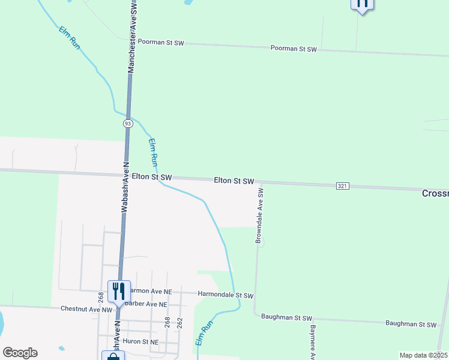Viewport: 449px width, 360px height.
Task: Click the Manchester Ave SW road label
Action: pos(133,37)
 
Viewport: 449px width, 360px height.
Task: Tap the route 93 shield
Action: pos(128,123)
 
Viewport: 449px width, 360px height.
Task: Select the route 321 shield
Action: pos(342,186)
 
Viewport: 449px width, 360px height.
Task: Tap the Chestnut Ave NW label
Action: pos(86,309)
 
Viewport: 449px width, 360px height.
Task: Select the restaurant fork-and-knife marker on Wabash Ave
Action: pos(118,292)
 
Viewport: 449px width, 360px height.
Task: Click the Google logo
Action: pos(20,353)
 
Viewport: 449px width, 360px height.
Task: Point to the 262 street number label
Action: pos(179,323)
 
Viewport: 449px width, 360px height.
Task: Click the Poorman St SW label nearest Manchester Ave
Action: pos(161,43)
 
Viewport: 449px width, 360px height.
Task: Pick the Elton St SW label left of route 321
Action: pos(235,181)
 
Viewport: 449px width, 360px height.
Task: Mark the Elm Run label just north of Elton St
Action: pos(154,152)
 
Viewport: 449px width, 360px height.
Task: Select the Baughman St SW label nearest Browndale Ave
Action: pos(287,317)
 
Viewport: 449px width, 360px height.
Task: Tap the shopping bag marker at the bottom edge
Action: pos(113,356)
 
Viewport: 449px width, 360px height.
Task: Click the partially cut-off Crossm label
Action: pos(435,193)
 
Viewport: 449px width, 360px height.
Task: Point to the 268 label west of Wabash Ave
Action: pos(101,297)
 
